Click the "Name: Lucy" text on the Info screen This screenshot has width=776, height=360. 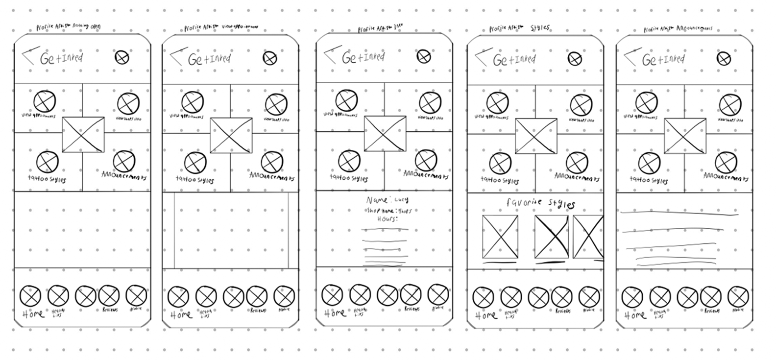click(x=387, y=200)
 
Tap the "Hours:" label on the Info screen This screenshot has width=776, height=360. click(x=387, y=219)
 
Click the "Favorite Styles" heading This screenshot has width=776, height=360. click(x=540, y=203)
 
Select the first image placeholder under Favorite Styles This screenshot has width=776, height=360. click(x=500, y=237)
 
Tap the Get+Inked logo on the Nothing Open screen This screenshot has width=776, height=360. click(x=61, y=59)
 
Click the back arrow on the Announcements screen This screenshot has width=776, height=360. click(x=632, y=56)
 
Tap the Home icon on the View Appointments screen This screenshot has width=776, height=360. click(x=178, y=296)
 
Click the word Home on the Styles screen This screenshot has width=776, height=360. click(x=485, y=315)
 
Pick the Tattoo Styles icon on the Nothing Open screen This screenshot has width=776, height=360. click(x=47, y=162)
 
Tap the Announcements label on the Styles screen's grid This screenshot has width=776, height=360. click(x=577, y=177)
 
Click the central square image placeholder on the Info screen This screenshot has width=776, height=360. click(x=385, y=134)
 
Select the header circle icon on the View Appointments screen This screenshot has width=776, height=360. click(x=270, y=59)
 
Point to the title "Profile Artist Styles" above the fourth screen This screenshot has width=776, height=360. click(x=519, y=29)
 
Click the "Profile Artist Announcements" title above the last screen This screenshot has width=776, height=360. click(x=678, y=29)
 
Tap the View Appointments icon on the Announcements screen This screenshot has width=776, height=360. click(x=646, y=102)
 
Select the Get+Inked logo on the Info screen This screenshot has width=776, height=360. click(x=363, y=58)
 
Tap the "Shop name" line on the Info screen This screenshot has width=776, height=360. click(x=388, y=211)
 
